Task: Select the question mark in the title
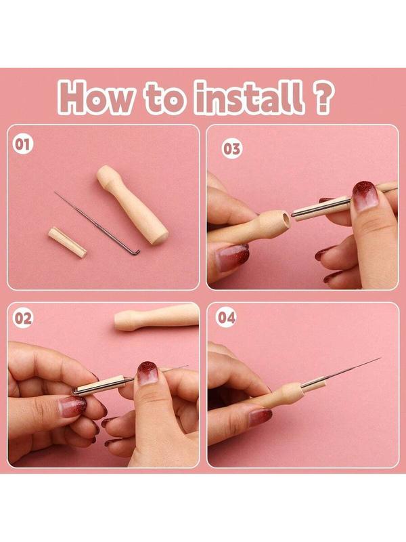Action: [x=323, y=98]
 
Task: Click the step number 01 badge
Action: [x=22, y=144]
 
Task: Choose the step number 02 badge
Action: [x=23, y=318]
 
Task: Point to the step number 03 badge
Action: [x=231, y=149]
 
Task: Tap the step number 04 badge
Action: [x=227, y=317]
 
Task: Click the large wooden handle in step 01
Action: [x=132, y=205]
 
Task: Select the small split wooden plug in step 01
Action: [x=67, y=242]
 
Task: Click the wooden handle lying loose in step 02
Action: [x=157, y=317]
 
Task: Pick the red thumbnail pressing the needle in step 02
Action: [x=148, y=373]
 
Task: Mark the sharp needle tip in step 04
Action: [x=380, y=358]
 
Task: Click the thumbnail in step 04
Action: [x=260, y=417]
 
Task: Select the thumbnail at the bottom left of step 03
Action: [x=232, y=257]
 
